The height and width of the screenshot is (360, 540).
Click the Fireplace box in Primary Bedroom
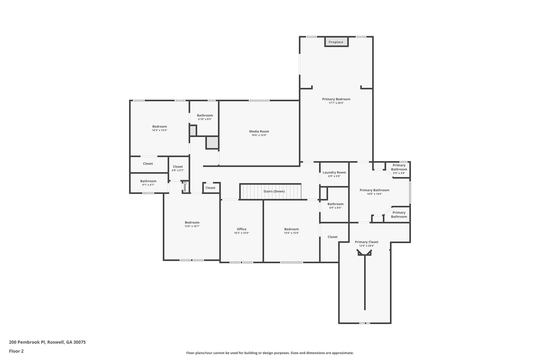pyautogui.click(x=336, y=42)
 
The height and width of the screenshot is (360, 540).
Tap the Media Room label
pyautogui.click(x=259, y=131)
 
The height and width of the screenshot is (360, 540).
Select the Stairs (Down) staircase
pyautogui.click(x=270, y=191)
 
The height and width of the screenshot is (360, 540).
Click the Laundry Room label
pyautogui.click(x=334, y=172)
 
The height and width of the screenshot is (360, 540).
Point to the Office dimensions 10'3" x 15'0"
pyautogui.click(x=241, y=233)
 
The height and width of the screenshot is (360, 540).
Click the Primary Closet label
pyautogui.click(x=366, y=242)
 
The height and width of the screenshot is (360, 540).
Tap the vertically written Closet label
pyautogui.click(x=185, y=186)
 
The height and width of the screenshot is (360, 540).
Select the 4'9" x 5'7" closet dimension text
pyautogui.click(x=178, y=170)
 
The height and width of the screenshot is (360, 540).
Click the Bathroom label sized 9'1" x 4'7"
pyautogui.click(x=148, y=181)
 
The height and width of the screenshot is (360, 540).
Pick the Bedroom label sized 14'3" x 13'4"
pyautogui.click(x=160, y=126)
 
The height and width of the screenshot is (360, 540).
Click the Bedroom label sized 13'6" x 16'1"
pyautogui.click(x=192, y=222)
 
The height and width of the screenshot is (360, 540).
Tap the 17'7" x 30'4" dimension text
pyautogui.click(x=336, y=103)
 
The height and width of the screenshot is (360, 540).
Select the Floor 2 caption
pyautogui.click(x=16, y=351)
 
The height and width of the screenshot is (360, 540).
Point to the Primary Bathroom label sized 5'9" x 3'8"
pyautogui.click(x=399, y=167)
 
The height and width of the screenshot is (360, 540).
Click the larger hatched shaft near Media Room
pyautogui.click(x=212, y=143)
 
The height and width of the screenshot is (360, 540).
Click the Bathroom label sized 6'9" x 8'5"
pyautogui.click(x=335, y=204)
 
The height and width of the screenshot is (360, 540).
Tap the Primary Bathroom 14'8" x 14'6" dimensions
pyautogui.click(x=374, y=194)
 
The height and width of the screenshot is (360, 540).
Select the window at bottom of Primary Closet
pyautogui.click(x=365, y=323)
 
